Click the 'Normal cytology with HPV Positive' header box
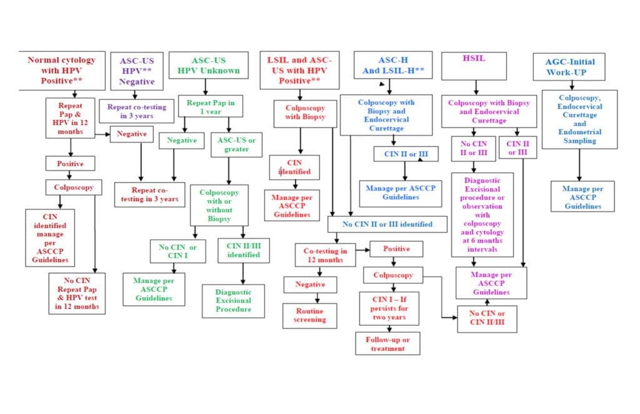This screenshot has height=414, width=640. coord(61,71)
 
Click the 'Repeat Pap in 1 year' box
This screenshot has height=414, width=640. coord(211,106)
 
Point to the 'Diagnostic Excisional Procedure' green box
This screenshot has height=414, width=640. coord(233,300)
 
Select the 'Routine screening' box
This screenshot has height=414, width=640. coord(309,315)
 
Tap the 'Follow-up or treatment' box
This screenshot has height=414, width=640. coord(387,343)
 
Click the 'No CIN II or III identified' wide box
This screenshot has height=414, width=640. coord(387,224)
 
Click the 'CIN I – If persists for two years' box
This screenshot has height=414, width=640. coord(389,308)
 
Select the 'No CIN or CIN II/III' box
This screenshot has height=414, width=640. coord(487,318)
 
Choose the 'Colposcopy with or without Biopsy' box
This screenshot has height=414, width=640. coord(219,205)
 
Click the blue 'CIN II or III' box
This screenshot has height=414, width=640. coord(405,154)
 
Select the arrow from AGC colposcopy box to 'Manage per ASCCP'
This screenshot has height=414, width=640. coord(579,165)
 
